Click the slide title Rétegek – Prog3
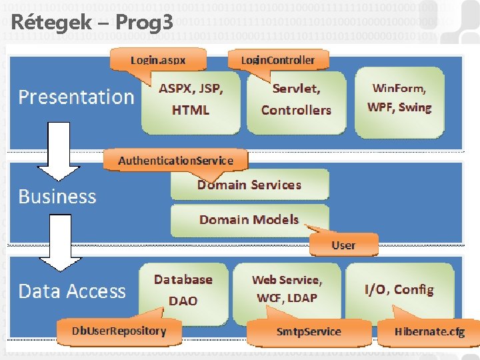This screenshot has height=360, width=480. pyautogui.click(x=92, y=22)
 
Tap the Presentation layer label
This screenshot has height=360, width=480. pyautogui.click(x=76, y=97)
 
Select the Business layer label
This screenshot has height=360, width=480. pyautogui.click(x=57, y=197)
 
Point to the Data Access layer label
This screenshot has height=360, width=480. pyautogui.click(x=72, y=291)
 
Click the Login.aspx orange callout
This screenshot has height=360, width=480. pyautogui.click(x=158, y=61)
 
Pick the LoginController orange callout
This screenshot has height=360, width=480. pyautogui.click(x=277, y=61)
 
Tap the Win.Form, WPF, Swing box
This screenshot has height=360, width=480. pyautogui.click(x=399, y=98)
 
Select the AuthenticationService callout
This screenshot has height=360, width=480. pyautogui.click(x=175, y=161)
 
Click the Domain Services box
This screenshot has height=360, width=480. pyautogui.click(x=249, y=185)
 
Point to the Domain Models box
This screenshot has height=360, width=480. pyautogui.click(x=249, y=219)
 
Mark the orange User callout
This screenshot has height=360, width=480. pyautogui.click(x=343, y=245)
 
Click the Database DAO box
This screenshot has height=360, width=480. pyautogui.click(x=183, y=290)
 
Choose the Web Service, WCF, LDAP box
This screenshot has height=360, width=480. pyautogui.click(x=287, y=289)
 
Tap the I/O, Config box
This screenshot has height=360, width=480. pyautogui.click(x=399, y=289)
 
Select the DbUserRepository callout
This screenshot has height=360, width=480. pyautogui.click(x=119, y=331)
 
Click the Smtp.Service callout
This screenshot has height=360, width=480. pyautogui.click(x=309, y=331)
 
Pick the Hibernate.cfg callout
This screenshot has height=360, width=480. pyautogui.click(x=429, y=331)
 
